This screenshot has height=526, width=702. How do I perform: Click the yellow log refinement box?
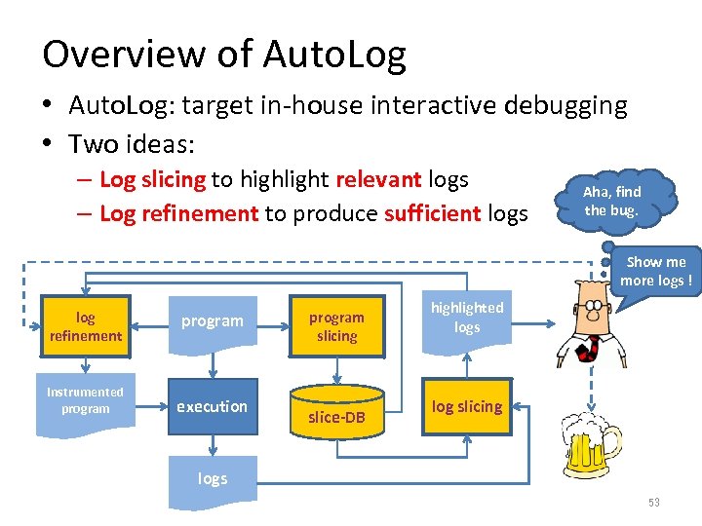click(86, 326)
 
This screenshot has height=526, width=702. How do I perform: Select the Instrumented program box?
click(86, 400)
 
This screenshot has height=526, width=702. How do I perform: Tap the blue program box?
click(212, 320)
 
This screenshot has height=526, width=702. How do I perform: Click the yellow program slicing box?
click(336, 326)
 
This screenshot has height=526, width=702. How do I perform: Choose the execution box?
click(212, 406)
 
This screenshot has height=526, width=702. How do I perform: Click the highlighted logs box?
click(467, 318)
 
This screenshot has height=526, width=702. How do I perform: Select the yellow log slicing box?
click(467, 406)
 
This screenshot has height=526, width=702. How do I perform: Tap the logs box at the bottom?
click(212, 479)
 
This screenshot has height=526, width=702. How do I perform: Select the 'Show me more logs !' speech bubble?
click(655, 272)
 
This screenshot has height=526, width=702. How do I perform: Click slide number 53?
click(653, 503)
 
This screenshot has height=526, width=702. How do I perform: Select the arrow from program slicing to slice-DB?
click(336, 368)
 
